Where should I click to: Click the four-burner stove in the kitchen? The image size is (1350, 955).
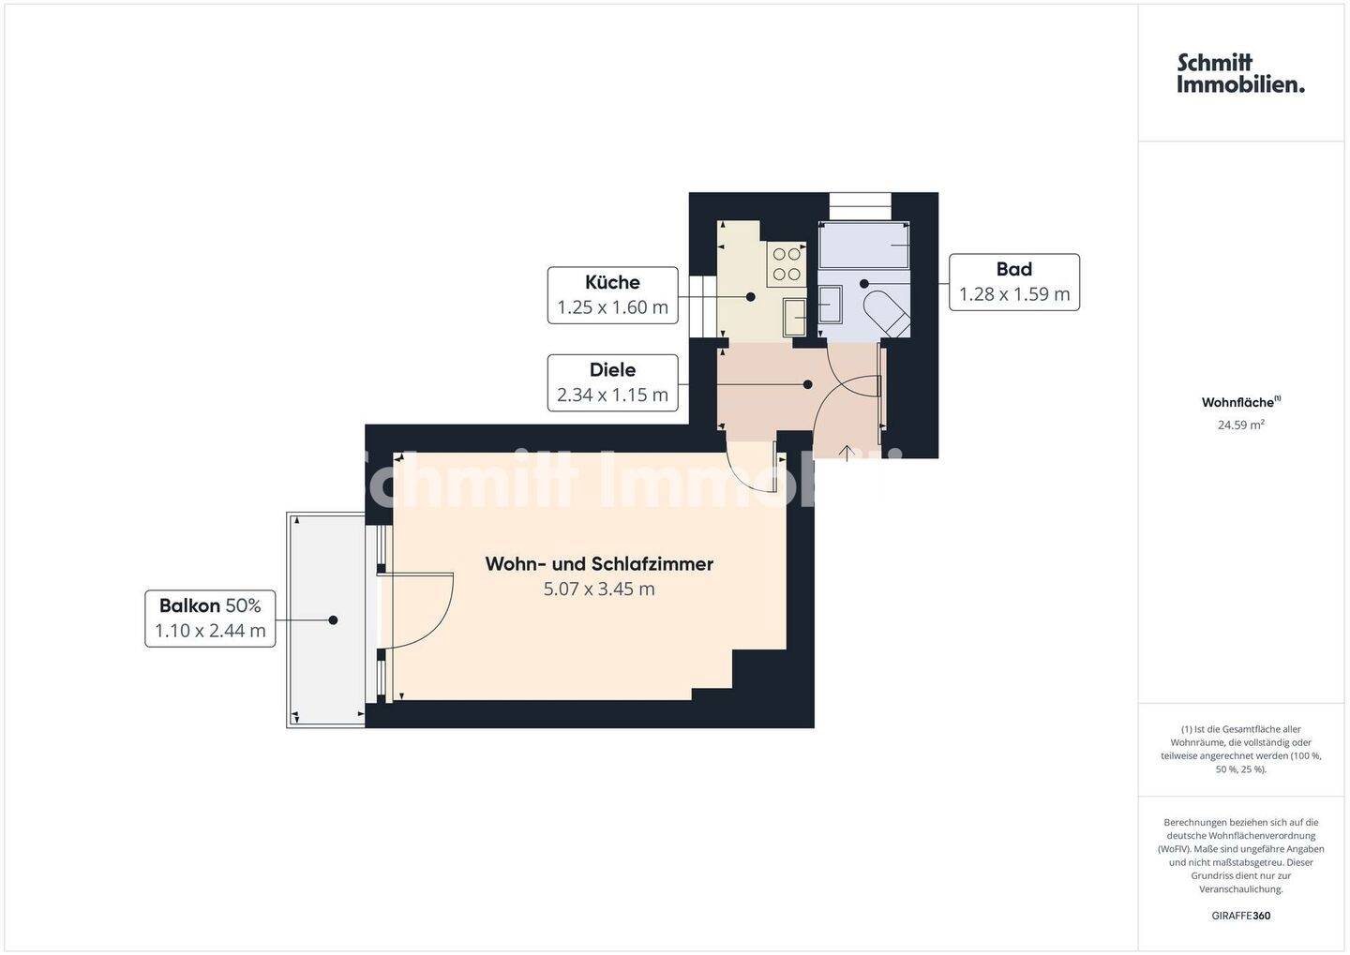point(787,264)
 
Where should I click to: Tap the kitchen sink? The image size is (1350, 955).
point(794,317)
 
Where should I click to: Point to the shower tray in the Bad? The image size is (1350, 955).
point(863,245)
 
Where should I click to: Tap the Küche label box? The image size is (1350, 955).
point(612,295)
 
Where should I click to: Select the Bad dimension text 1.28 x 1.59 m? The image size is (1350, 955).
point(1014,294)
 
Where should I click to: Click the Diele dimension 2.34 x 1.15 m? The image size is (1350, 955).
point(612,395)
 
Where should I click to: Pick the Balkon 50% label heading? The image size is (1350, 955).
point(210,604)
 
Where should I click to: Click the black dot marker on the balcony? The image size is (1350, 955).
point(333,620)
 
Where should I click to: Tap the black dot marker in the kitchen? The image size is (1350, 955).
point(750,296)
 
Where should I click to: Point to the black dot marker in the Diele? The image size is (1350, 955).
point(807,384)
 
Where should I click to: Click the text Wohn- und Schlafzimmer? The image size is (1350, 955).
point(599,564)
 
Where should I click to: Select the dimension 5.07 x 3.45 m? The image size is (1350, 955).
point(599,589)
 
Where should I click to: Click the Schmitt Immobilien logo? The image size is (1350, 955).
point(1241,73)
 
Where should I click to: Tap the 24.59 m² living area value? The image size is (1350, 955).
point(1241,425)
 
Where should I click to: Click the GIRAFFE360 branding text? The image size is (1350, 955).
point(1241,916)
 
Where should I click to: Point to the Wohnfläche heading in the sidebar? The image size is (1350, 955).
point(1241,402)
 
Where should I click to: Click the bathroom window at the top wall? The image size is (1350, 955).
point(860,207)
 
